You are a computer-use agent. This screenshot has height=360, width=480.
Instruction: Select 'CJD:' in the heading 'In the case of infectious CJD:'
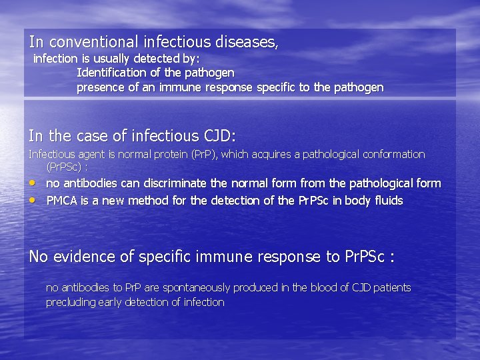pos(219,136)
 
